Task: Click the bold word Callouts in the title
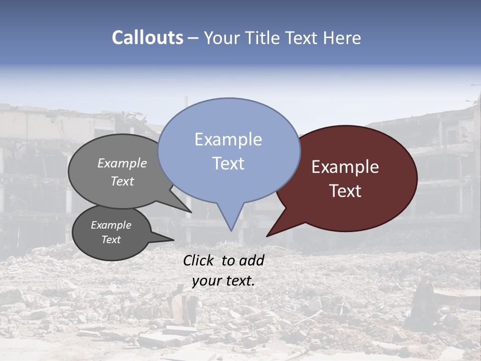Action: coord(147,38)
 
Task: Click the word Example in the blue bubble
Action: coord(228,139)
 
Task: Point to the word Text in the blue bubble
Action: coord(228,163)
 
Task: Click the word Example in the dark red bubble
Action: coord(345,167)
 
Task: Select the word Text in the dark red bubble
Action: coord(345,191)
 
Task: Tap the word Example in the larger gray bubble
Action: coord(122,163)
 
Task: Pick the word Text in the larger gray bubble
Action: coord(122,181)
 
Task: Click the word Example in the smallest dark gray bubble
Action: coord(111,225)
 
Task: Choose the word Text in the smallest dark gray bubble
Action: coord(111,240)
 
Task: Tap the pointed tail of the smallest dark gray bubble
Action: coord(168,239)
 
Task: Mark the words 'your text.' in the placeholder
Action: coord(223,281)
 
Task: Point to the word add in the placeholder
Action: coord(252,260)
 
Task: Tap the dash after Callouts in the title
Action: coord(194,38)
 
